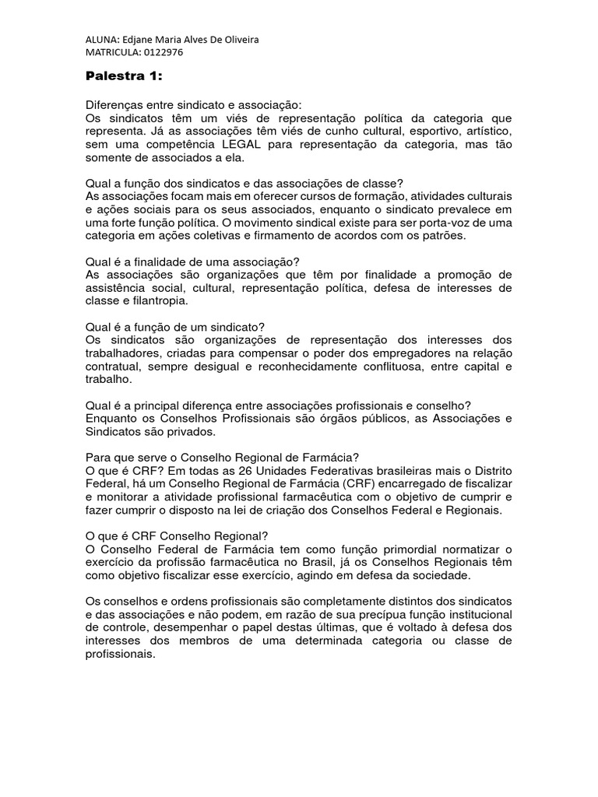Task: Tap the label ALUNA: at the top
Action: pos(103,39)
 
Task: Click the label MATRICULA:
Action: pos(112,52)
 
